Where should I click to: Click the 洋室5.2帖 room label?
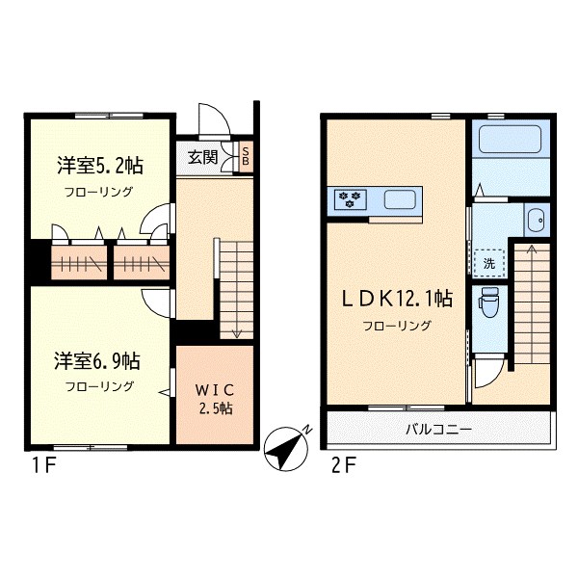click(94, 165)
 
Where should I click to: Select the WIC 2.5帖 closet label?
click(213, 397)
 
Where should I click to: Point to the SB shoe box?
click(246, 158)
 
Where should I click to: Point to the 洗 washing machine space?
click(489, 262)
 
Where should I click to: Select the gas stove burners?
click(348, 199)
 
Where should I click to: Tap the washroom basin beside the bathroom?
click(537, 221)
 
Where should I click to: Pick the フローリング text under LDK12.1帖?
click(397, 326)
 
